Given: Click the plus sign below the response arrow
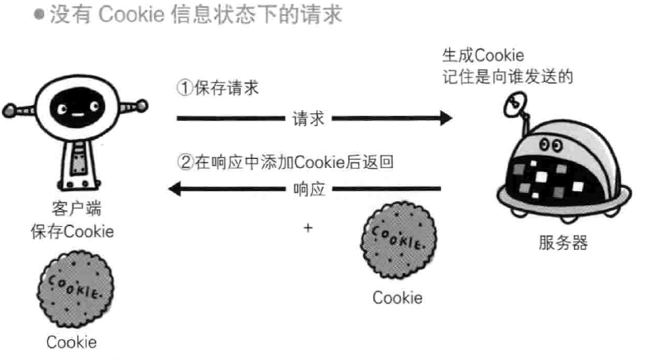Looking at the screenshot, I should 308,223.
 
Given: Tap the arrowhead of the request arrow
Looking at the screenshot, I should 446,119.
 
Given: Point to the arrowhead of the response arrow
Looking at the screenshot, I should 176,190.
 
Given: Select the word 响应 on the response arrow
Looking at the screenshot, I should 309,190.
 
